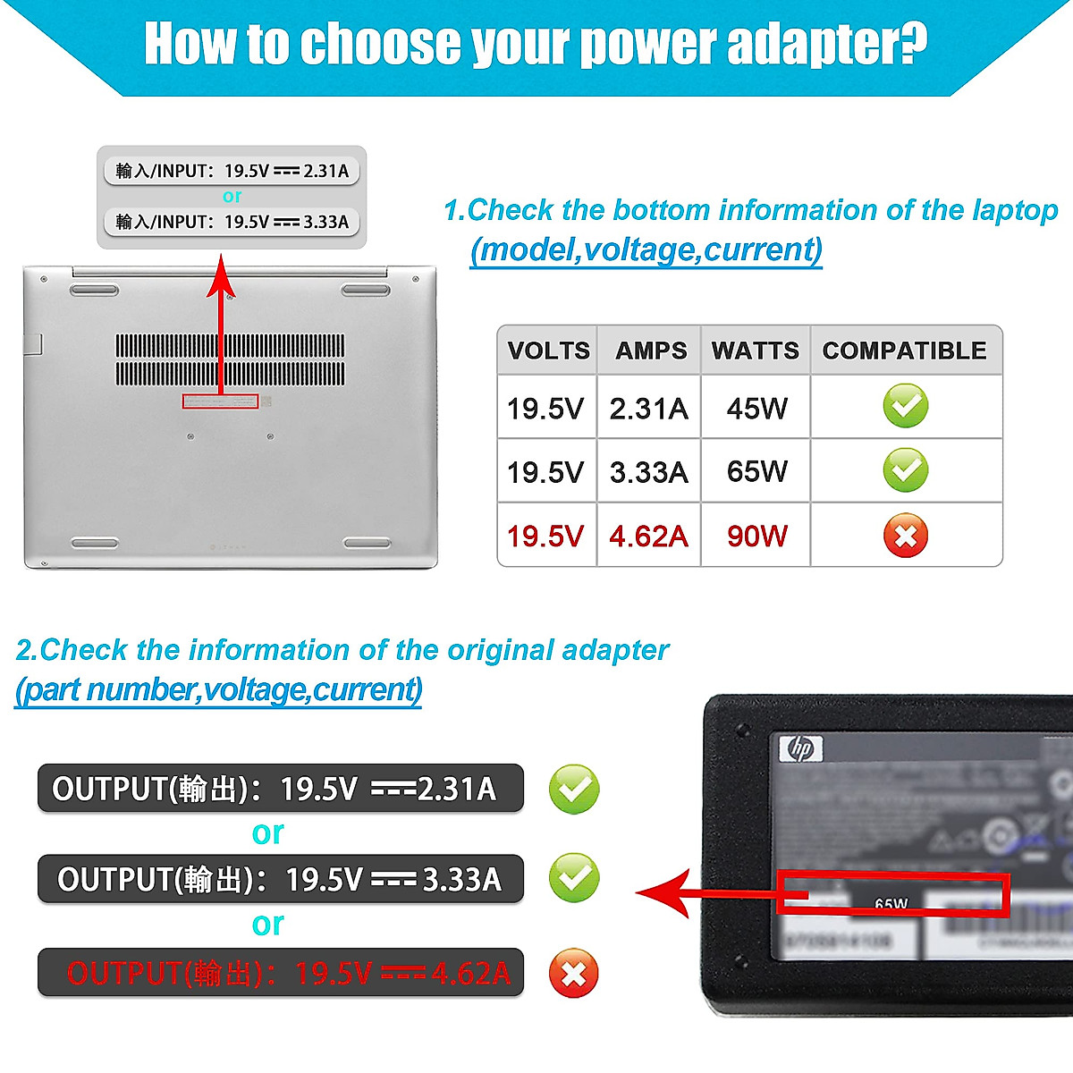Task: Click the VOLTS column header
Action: click(548, 351)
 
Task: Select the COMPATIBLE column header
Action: click(904, 351)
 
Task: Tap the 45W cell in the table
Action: click(756, 409)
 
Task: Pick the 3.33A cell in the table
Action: click(648, 472)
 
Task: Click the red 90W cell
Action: click(756, 536)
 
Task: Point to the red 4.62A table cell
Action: click(648, 536)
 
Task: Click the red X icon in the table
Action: click(905, 536)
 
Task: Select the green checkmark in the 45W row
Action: click(905, 406)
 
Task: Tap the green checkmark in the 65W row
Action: click(905, 470)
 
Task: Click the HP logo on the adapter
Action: click(800, 748)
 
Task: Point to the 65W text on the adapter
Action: click(891, 904)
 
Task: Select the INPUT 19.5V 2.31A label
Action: click(232, 171)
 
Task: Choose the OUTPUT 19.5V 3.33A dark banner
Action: click(280, 879)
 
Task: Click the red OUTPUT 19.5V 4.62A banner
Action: click(280, 973)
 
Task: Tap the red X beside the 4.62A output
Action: click(573, 973)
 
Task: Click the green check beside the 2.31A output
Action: click(573, 789)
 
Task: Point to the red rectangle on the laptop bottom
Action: click(220, 401)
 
